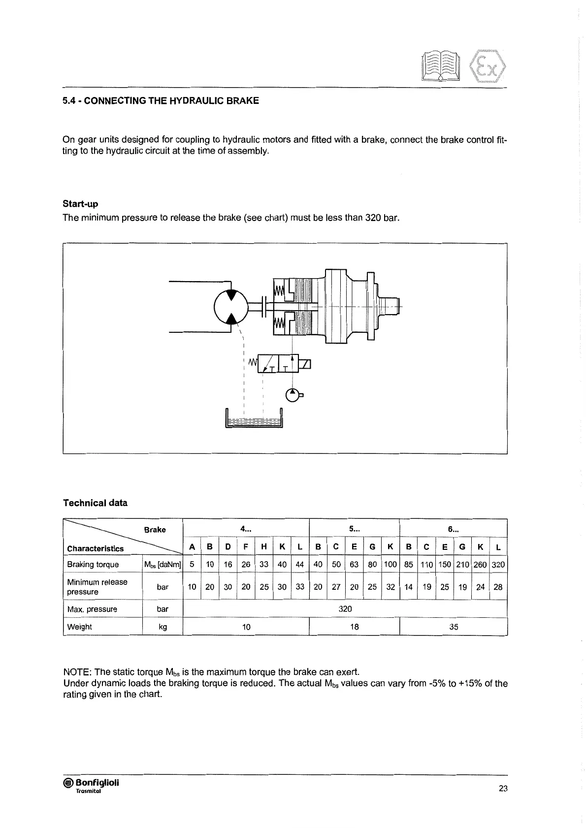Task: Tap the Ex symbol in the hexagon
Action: pos(488,65)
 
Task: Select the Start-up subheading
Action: pos(80,204)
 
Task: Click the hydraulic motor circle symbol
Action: pos(231,306)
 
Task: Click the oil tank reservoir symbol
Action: pos(254,419)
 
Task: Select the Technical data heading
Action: pos(95,503)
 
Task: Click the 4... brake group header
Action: pos(246,529)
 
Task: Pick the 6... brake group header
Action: pos(453,529)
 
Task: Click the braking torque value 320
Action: pos(498,565)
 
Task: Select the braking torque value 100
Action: pos(391,565)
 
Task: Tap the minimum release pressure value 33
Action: pos(300,587)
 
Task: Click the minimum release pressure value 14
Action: pos(408,587)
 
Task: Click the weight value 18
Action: pos(354,627)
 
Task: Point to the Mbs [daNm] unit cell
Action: pos(163,565)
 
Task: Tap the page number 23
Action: pos(503,788)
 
